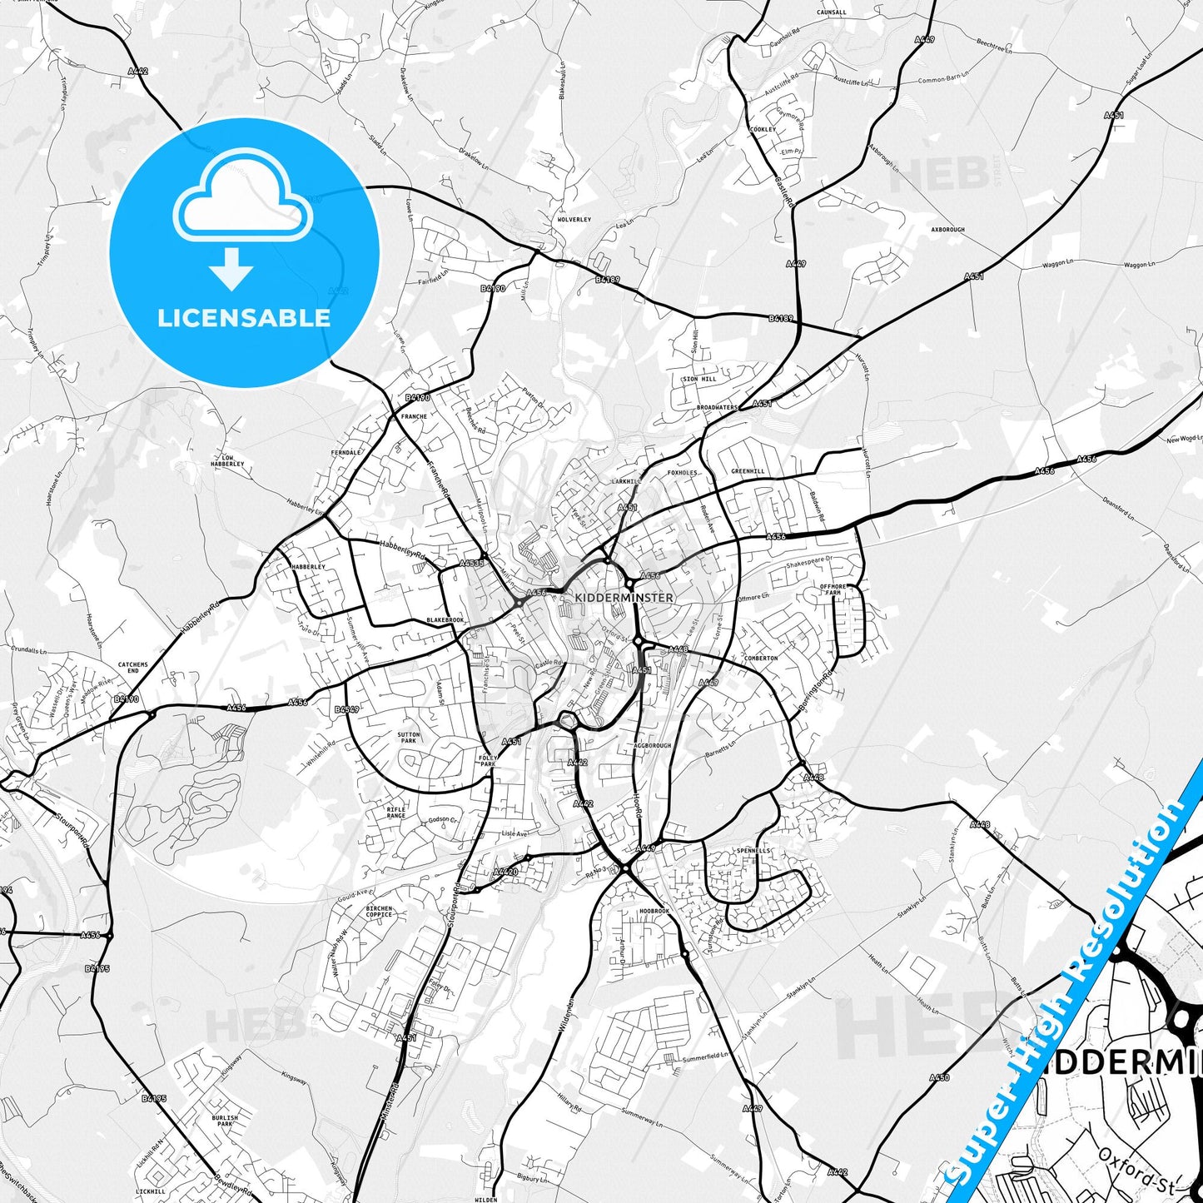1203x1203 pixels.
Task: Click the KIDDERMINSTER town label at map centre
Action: pos(624,598)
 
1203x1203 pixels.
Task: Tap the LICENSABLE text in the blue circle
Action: pos(244,317)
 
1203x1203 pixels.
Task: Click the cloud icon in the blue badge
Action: pos(242,199)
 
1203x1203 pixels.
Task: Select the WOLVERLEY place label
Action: pos(574,220)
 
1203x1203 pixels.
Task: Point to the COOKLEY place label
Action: pos(763,130)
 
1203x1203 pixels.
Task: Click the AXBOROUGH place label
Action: pos(947,230)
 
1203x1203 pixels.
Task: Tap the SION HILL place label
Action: pos(699,379)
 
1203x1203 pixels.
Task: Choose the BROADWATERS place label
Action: pos(717,408)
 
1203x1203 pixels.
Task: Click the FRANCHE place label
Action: pos(414,416)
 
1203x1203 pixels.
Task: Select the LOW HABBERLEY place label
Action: pos(232,460)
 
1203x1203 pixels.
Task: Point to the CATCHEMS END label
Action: pos(133,668)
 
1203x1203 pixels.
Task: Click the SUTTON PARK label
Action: pos(409,738)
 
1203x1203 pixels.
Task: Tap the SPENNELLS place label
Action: pos(753,851)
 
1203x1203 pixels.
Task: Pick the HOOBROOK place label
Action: pos(654,912)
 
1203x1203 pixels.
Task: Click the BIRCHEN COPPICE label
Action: pos(379,912)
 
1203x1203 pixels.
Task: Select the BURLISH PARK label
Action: pos(225,1121)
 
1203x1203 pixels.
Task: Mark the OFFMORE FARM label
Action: pos(833,589)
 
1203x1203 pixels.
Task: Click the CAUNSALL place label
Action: pos(831,12)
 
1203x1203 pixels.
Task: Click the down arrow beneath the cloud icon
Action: pos(231,268)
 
